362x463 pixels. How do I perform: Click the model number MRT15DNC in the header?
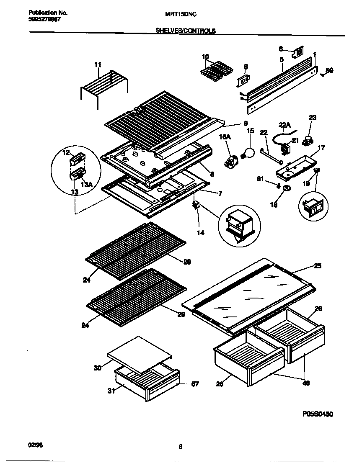pos(180,13)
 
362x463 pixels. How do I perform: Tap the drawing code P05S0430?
pos(318,414)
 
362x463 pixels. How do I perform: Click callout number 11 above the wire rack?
pos(98,64)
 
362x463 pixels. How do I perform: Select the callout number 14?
pos(201,232)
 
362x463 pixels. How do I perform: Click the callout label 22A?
pos(284,124)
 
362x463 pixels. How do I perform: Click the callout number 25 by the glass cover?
pos(318,266)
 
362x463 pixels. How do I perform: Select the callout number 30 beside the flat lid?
pos(97,368)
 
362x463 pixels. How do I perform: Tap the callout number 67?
pos(195,384)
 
